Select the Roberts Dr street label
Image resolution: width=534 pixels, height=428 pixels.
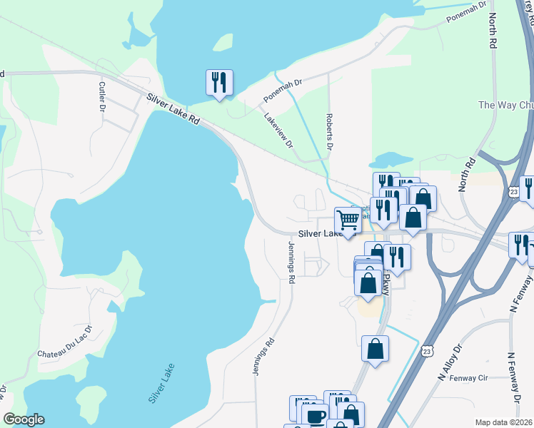click(x=329, y=133)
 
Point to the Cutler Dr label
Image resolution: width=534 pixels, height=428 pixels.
click(x=101, y=96)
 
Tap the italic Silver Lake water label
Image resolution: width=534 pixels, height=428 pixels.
click(x=162, y=384)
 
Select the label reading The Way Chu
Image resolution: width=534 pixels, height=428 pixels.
click(x=505, y=105)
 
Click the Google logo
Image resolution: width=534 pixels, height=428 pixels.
click(x=24, y=419)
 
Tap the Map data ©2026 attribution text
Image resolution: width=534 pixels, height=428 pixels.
click(x=503, y=422)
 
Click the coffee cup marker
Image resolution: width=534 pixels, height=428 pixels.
click(x=315, y=416)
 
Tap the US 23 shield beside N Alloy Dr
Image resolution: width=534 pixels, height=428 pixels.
click(x=427, y=350)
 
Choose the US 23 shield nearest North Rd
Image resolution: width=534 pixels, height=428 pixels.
click(x=514, y=192)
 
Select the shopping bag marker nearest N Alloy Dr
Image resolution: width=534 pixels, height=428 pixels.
click(x=375, y=349)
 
